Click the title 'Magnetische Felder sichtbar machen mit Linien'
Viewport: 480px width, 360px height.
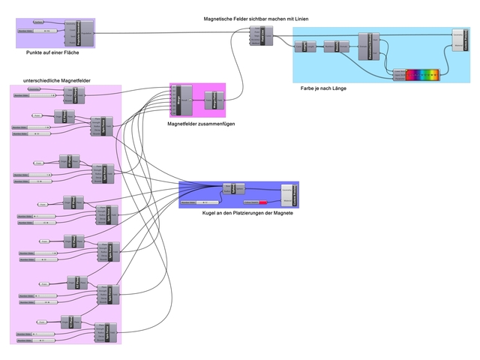255,17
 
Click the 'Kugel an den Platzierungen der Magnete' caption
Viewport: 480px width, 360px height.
247,214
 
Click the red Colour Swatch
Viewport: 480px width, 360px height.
263,202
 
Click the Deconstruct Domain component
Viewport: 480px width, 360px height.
365,44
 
